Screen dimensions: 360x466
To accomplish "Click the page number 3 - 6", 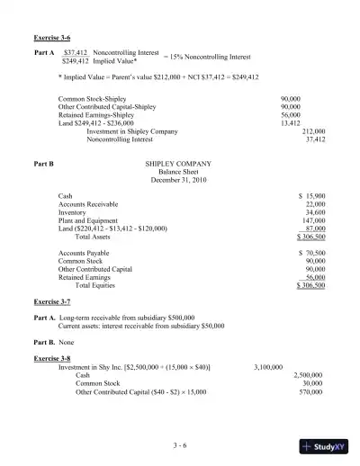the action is [179, 444].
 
